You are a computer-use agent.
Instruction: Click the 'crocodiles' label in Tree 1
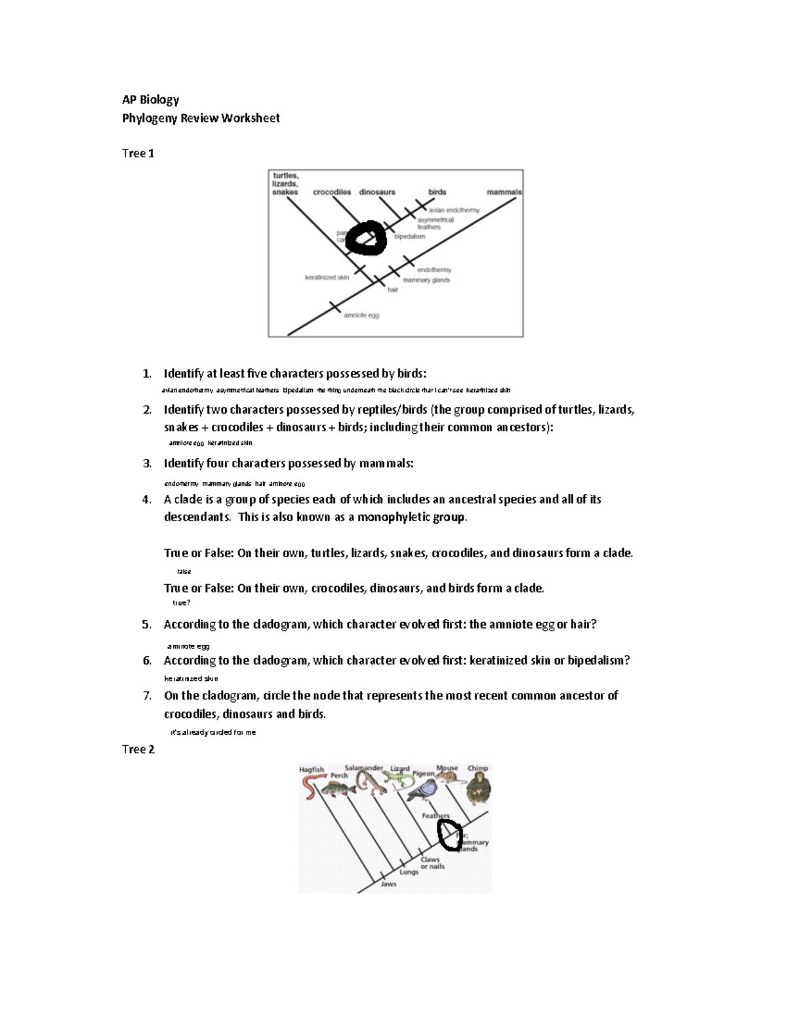tap(332, 192)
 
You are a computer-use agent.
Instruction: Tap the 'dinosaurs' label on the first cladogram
tap(377, 192)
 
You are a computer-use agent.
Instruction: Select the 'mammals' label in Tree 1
tap(504, 192)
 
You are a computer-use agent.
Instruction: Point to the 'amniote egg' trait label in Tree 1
tap(361, 315)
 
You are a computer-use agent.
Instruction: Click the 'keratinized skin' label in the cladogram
tap(327, 277)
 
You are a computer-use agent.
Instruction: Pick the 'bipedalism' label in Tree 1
tap(409, 237)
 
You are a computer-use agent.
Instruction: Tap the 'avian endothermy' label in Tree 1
tap(454, 210)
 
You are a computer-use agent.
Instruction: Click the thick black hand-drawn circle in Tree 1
tap(366, 238)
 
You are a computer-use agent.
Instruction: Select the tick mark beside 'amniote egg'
tap(334, 307)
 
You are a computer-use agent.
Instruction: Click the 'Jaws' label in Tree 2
tap(389, 884)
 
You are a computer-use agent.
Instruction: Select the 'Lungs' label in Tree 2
tap(409, 872)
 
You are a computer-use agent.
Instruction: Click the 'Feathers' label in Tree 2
tap(435, 816)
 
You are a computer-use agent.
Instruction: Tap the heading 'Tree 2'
tap(138, 749)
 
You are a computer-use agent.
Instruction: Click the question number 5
tap(147, 624)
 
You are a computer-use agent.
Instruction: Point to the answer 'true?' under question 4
tap(181, 603)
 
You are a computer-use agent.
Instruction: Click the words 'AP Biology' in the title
tap(150, 100)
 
